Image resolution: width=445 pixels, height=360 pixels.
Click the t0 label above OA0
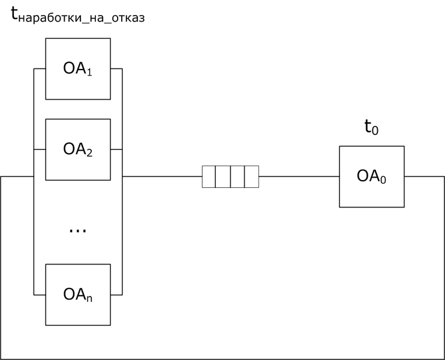click(x=371, y=127)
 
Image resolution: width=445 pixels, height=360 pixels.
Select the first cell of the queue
click(x=209, y=177)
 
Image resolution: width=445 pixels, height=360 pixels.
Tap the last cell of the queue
click(x=251, y=177)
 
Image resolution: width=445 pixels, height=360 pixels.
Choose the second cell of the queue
click(x=223, y=177)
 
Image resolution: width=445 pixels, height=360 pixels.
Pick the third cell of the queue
click(x=237, y=177)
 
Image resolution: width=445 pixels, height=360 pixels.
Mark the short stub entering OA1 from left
click(x=40, y=69)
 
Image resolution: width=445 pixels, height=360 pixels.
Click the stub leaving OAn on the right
click(x=116, y=295)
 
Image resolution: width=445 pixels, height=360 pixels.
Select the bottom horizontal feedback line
click(x=222, y=359)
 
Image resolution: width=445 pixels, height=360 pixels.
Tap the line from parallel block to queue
click(x=162, y=177)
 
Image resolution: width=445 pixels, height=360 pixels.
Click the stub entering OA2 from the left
click(x=40, y=149)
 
